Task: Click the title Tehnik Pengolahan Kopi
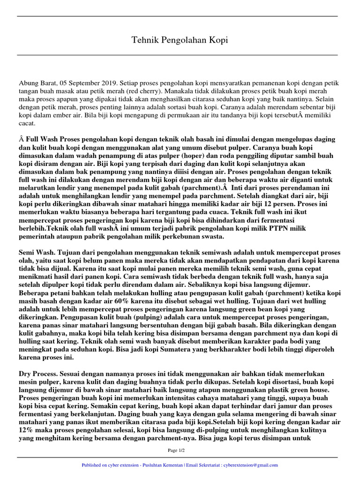[180, 40]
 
